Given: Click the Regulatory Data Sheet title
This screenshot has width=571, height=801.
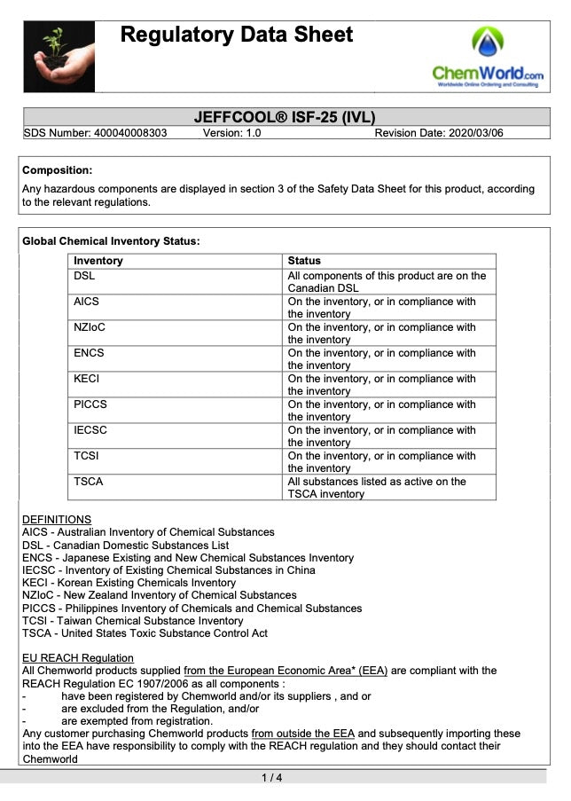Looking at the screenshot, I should coord(237,35).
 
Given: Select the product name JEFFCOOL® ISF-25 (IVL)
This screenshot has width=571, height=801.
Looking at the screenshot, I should coord(290,118).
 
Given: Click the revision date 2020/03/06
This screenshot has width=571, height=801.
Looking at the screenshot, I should coord(439,133).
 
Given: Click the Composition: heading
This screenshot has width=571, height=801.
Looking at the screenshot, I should coord(57,170).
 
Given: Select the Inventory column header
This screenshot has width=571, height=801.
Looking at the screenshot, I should coord(98,261).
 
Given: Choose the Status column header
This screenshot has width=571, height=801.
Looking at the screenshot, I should coord(305,261).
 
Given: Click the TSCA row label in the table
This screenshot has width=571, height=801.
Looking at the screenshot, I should coord(89,482).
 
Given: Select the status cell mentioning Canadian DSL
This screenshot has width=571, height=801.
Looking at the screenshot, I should coord(387,282).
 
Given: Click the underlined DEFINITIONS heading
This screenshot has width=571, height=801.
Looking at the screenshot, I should coord(57,520).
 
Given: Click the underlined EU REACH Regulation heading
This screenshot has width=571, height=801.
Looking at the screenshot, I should coord(78,658).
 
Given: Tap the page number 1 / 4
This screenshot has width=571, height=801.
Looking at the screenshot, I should coord(272,779).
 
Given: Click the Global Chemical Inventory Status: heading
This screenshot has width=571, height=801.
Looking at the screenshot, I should coord(111,240).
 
